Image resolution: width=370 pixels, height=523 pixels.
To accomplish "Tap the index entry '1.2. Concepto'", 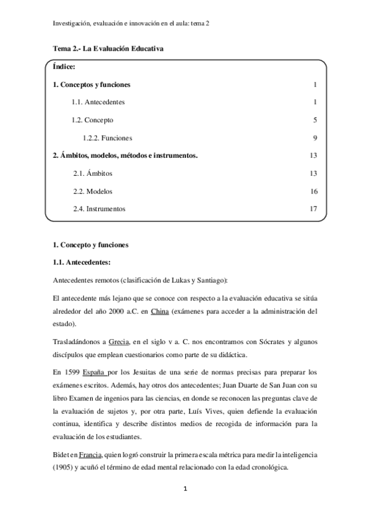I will pyautogui.click(x=92, y=120).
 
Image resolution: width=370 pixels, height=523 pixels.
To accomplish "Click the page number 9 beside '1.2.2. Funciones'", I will pyautogui.click(x=314, y=138).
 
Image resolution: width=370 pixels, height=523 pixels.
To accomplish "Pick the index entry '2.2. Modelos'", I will pyautogui.click(x=93, y=191).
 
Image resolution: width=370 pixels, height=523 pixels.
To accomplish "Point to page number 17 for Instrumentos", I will pyautogui.click(x=313, y=209).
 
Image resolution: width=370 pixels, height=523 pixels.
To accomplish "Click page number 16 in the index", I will pyautogui.click(x=313, y=191).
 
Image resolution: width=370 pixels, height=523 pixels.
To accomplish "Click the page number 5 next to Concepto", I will pyautogui.click(x=314, y=120).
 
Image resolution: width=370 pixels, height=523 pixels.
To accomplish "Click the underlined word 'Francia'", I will pyautogui.click(x=90, y=454).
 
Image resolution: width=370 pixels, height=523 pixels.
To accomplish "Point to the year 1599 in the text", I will pyautogui.click(x=71, y=372).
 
